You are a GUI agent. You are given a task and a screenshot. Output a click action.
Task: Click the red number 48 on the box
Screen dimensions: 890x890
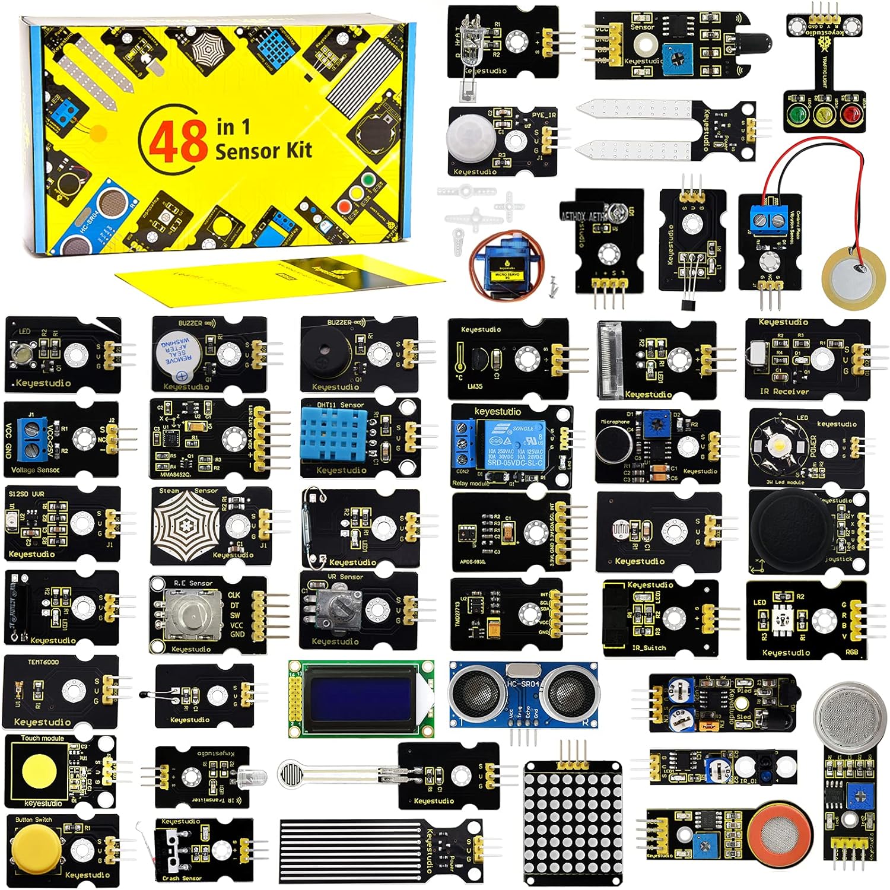(177, 142)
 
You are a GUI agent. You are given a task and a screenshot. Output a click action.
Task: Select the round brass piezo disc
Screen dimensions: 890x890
(852, 273)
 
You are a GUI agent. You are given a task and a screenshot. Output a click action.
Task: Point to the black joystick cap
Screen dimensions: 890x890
(788, 526)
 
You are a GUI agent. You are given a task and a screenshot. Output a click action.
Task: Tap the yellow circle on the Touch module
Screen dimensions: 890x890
(40, 770)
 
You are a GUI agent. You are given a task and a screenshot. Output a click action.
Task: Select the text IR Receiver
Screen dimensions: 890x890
(784, 392)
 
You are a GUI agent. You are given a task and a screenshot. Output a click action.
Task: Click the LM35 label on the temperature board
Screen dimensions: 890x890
(475, 386)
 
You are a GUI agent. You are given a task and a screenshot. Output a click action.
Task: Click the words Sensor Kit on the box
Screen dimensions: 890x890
(263, 151)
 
